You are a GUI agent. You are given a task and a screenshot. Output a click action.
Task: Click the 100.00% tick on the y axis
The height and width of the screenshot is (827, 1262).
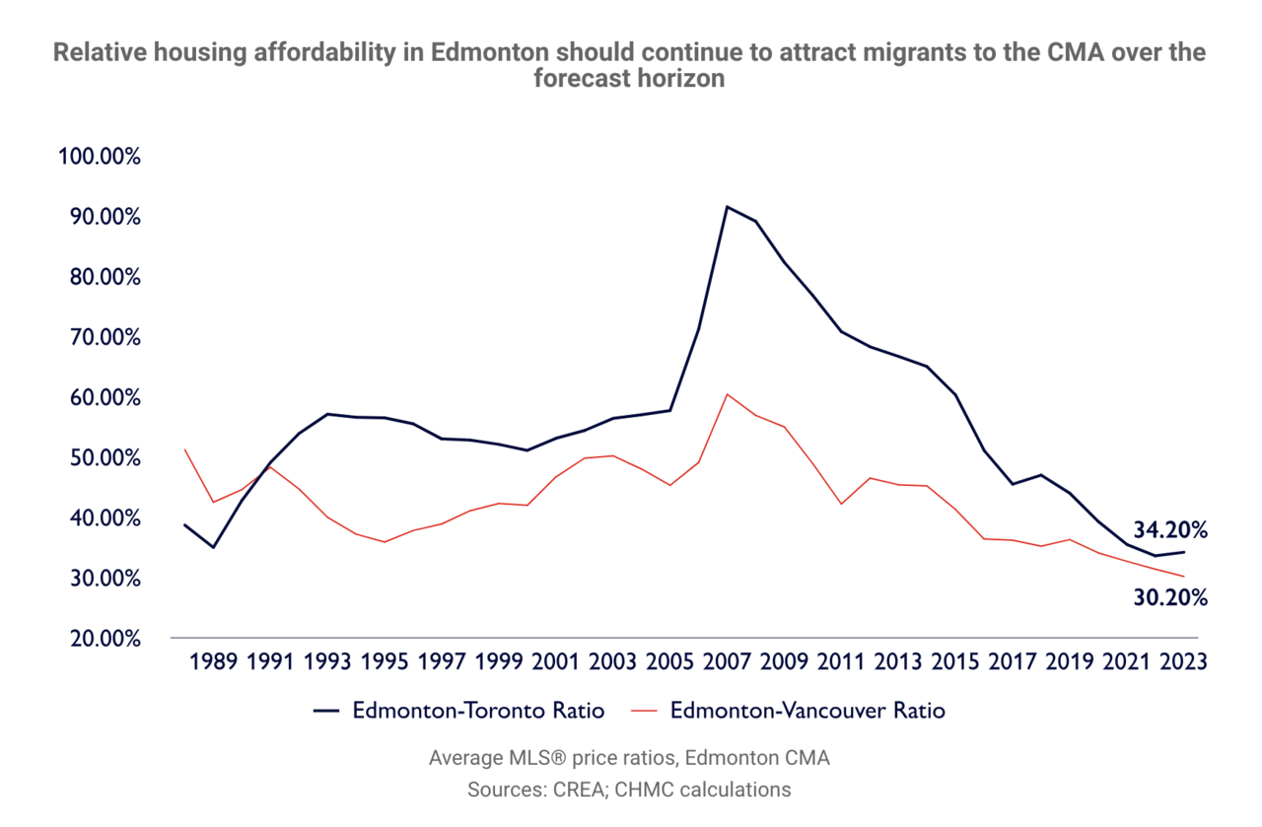point(101,158)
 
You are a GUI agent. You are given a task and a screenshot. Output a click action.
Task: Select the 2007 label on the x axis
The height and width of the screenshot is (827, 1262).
point(728,661)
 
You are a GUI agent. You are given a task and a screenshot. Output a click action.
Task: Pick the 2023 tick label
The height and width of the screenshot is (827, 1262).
point(1183,661)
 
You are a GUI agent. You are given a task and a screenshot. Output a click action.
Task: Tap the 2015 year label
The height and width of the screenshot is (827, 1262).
point(955,661)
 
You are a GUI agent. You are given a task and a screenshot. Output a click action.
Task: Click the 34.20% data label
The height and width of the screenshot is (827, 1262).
point(1169,530)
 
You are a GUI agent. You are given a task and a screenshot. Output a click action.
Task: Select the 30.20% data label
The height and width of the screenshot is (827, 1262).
point(1169,597)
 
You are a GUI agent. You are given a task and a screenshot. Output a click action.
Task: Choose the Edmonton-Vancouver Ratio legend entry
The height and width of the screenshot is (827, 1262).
point(807,711)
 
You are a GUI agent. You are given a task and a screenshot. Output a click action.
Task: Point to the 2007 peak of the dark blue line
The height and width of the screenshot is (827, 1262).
point(727,207)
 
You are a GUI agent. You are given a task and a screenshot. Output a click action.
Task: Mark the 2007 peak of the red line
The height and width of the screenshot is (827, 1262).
point(727,394)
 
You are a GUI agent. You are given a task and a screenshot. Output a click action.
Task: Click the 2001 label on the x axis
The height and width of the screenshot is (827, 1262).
point(556,661)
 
